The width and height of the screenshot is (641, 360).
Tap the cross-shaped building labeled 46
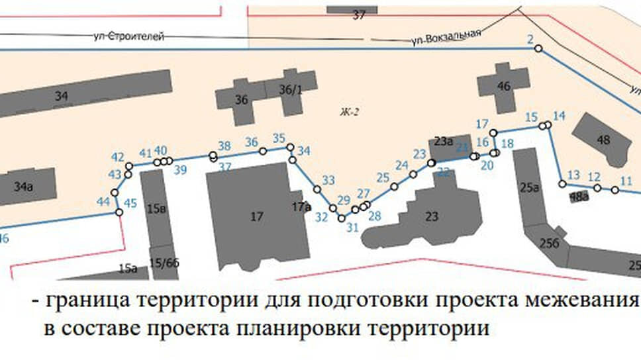pos(504,85)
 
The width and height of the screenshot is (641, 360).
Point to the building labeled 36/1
pos(291,89)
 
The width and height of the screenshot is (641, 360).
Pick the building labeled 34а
pos(24,187)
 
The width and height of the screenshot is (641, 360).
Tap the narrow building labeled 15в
pos(156,209)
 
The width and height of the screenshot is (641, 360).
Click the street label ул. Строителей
pos(128,36)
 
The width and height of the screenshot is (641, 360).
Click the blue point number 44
pos(103,201)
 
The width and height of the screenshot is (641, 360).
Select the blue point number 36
pos(251,142)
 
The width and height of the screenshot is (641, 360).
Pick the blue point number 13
pos(573,175)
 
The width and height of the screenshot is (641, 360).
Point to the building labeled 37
pos(359,15)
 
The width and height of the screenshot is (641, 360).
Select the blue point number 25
pos(383,177)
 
